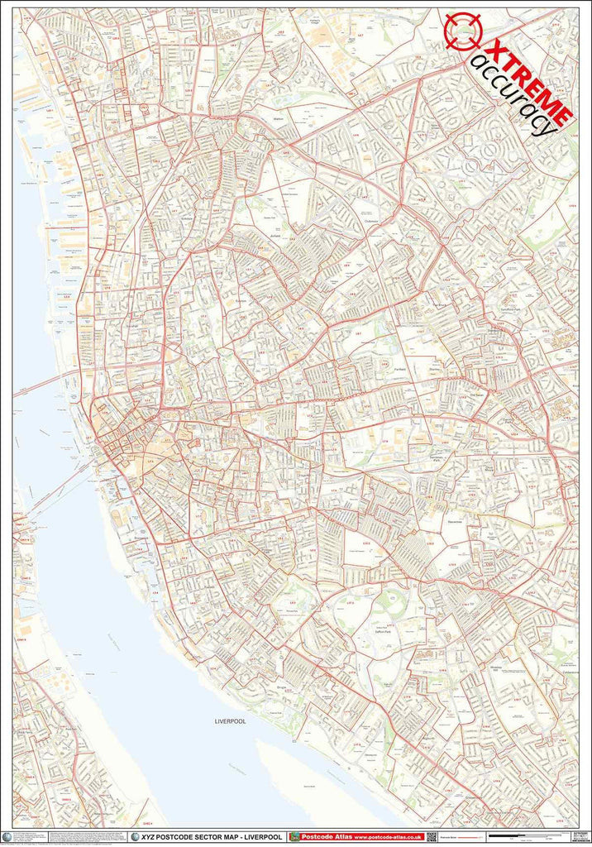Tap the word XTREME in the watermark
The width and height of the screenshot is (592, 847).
coord(529,82)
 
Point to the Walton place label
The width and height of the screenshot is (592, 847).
coord(279,119)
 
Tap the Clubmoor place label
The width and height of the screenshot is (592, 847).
coord(370,220)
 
